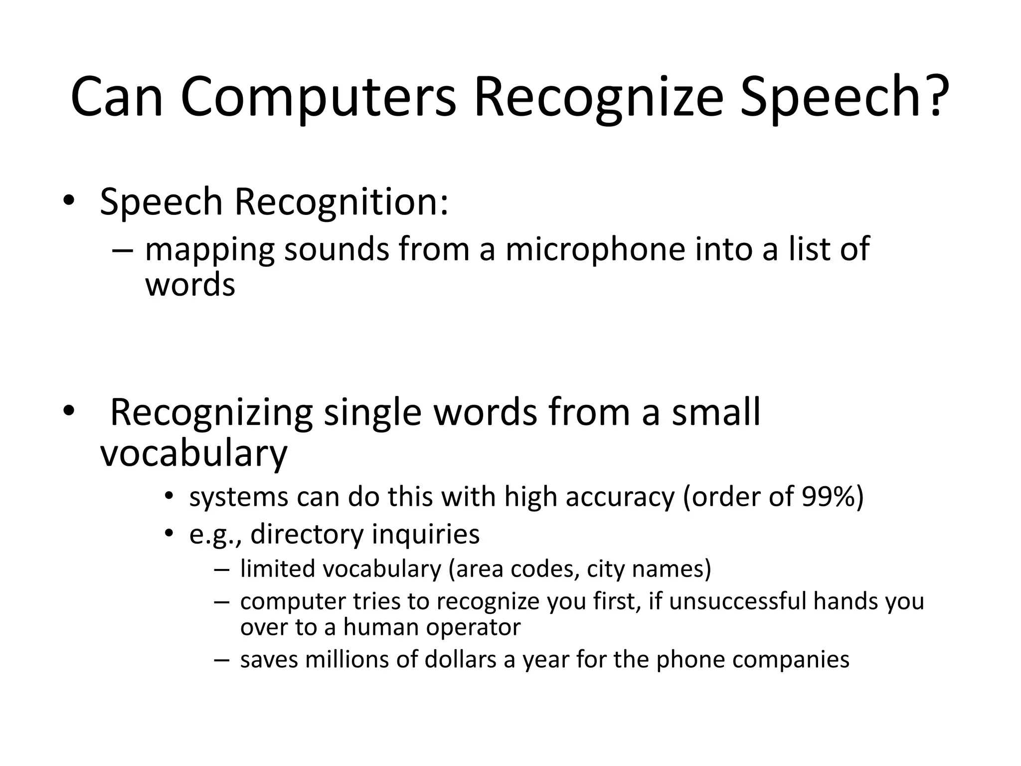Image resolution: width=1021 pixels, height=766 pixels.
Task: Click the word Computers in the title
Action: [x=318, y=97]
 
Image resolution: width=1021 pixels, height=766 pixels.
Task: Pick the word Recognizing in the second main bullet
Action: [x=211, y=413]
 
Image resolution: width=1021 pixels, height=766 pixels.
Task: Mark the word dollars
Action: [x=461, y=659]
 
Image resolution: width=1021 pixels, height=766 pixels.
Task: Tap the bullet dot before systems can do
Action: [x=169, y=497]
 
